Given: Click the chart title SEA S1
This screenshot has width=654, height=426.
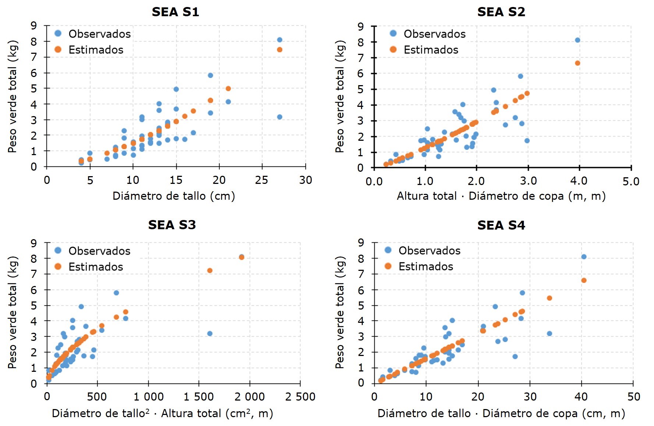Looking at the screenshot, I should pyautogui.click(x=175, y=12).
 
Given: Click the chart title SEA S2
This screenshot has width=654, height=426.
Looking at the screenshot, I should pyautogui.click(x=501, y=12).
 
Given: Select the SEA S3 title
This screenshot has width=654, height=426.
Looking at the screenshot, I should pyautogui.click(x=172, y=225).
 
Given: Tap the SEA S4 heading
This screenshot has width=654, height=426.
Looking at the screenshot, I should pyautogui.click(x=501, y=225).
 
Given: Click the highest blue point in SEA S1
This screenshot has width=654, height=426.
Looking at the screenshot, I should pyautogui.click(x=279, y=40).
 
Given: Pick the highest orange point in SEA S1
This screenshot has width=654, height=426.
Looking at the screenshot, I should pyautogui.click(x=279, y=50).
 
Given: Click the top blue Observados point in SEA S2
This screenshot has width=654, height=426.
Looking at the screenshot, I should pyautogui.click(x=577, y=40).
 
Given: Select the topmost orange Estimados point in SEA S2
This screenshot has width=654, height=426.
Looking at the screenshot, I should pyautogui.click(x=577, y=63).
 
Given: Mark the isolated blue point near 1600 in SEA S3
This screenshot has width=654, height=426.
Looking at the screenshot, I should pyautogui.click(x=210, y=334).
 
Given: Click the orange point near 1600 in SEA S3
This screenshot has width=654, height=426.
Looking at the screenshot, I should pyautogui.click(x=210, y=270).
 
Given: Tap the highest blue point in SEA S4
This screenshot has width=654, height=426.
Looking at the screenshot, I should pyautogui.click(x=584, y=257).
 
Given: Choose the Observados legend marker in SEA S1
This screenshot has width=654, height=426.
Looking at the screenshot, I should pyautogui.click(x=58, y=34).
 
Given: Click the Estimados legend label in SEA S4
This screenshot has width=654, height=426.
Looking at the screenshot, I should pyautogui.click(x=426, y=266).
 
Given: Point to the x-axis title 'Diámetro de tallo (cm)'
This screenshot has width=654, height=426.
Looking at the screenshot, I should pyautogui.click(x=174, y=196).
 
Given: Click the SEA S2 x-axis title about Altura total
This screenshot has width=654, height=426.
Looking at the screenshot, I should pyautogui.click(x=501, y=196).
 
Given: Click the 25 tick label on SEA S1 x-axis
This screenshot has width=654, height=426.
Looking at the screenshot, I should pyautogui.click(x=262, y=180).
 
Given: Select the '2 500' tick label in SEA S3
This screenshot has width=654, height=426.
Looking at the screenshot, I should pyautogui.click(x=300, y=397).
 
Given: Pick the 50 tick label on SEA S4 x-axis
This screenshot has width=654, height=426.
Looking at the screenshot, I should pyautogui.click(x=633, y=397).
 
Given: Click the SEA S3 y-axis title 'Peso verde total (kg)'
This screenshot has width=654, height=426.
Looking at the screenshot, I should pyautogui.click(x=12, y=312).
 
